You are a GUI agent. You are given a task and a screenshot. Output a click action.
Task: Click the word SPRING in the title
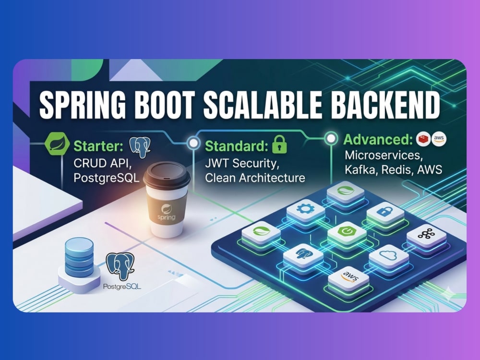(x=83, y=104)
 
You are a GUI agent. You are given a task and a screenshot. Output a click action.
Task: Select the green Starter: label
(x=98, y=146)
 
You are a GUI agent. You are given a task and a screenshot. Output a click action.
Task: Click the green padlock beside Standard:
(x=279, y=144)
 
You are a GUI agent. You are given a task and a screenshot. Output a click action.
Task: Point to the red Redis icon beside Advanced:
(x=423, y=139)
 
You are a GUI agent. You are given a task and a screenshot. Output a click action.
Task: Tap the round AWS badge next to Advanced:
(x=439, y=139)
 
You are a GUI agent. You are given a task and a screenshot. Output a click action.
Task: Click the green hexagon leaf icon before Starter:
(x=57, y=144)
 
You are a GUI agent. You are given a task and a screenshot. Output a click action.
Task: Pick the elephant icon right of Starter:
(x=140, y=147)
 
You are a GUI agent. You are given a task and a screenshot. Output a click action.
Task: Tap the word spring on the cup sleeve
(x=166, y=217)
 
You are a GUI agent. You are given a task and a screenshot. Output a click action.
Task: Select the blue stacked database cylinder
(x=79, y=257)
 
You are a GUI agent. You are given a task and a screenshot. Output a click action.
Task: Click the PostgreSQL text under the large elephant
(x=122, y=287)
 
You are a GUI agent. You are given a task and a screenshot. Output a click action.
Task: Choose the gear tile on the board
(x=305, y=211)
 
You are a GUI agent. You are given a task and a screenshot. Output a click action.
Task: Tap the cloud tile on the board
(x=388, y=256)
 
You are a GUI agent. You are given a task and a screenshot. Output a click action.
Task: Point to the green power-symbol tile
(x=347, y=232)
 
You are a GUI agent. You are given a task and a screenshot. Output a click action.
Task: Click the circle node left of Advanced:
(x=331, y=138)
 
